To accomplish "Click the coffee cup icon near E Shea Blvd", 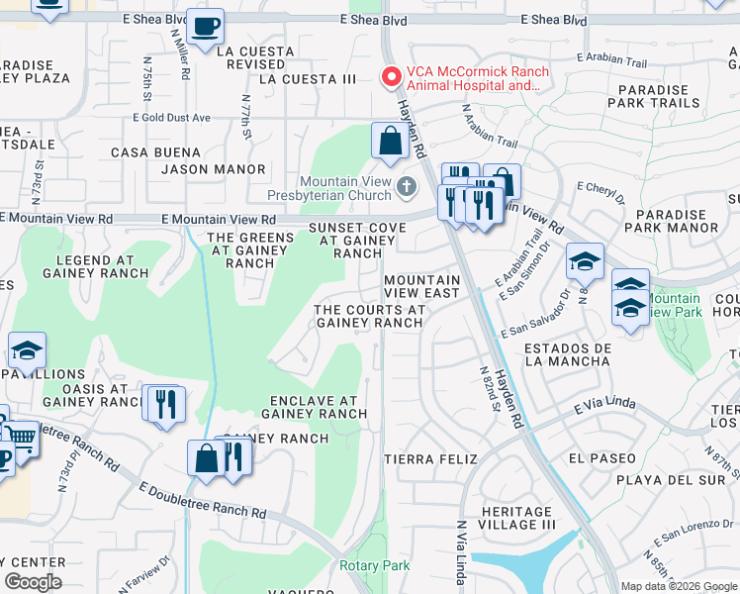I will point(205,27).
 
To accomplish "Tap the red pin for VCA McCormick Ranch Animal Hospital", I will point(392,76).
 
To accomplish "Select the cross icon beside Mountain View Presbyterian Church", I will point(406,187).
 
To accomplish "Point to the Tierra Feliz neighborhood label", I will point(430,459).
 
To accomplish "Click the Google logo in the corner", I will point(33,582).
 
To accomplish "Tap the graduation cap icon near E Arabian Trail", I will point(585,260).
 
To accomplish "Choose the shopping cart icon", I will point(22,439).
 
